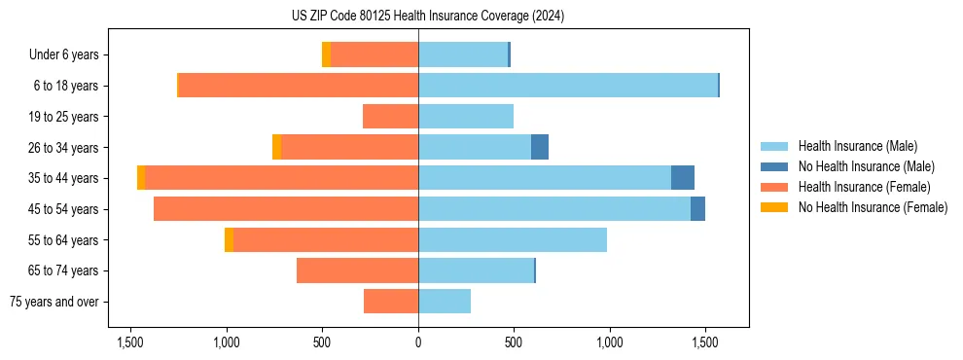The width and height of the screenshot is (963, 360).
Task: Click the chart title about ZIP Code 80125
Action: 427,16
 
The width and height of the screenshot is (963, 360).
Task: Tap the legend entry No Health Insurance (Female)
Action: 873,207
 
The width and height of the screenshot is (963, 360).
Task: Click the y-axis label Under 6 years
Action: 63,55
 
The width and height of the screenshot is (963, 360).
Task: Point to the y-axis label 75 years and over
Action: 53,302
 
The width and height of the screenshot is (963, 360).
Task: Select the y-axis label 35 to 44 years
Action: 63,178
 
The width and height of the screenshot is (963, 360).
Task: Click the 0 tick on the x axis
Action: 418,342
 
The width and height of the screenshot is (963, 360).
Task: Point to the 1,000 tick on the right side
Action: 610,342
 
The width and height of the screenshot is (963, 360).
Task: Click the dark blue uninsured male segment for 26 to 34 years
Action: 540,147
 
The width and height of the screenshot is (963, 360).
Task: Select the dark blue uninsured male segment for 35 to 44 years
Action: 683,178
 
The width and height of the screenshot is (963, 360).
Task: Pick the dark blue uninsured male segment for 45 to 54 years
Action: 697,209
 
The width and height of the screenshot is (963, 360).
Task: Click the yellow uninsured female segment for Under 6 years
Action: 326,54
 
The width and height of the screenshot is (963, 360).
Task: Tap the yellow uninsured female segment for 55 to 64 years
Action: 229,239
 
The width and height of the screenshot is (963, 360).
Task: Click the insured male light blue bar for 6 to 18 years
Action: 568,86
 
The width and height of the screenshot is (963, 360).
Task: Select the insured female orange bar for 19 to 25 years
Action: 390,117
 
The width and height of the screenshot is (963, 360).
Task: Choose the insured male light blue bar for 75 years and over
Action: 445,302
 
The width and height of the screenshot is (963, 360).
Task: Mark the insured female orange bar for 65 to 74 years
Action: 357,270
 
